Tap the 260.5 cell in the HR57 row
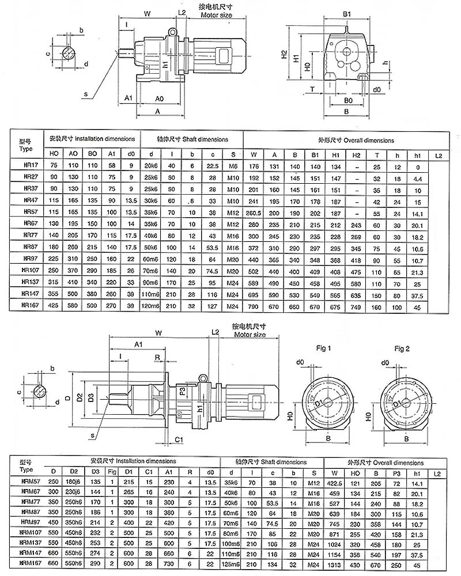[253, 212]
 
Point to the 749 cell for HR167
[356, 307]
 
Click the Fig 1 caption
[322, 348]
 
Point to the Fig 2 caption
[402, 348]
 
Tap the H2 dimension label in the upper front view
[284, 55]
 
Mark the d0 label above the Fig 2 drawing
[386, 362]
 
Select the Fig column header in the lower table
[112, 471]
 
